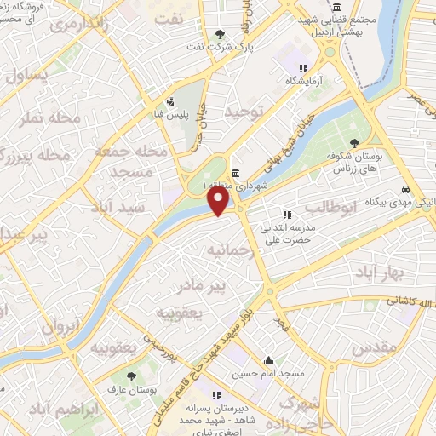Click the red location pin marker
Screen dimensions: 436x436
220,200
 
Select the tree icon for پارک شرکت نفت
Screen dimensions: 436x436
221,34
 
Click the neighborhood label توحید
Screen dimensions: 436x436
246,112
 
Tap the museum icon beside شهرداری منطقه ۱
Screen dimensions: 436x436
235,173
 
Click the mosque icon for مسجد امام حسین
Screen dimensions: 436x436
269,360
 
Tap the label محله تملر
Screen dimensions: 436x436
54,116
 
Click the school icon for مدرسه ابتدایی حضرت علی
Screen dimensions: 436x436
288,215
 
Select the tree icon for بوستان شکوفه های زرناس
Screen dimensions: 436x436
354,144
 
